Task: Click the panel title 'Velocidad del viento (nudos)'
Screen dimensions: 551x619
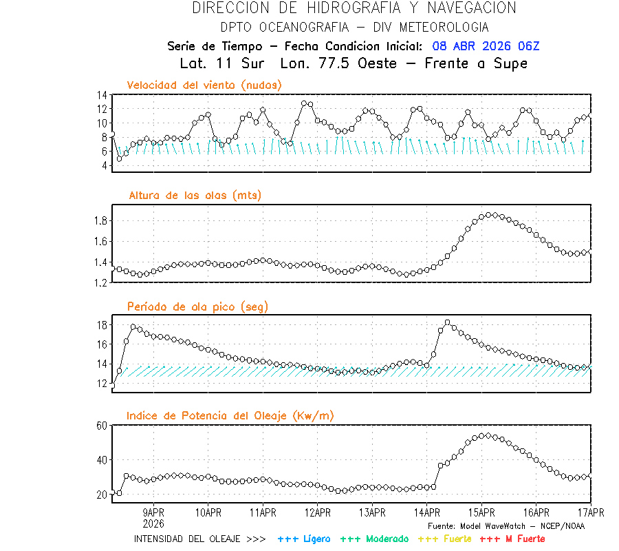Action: tap(204, 85)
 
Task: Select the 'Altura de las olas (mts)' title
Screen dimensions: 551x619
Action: tap(195, 196)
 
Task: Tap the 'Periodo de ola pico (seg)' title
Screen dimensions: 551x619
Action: tap(197, 306)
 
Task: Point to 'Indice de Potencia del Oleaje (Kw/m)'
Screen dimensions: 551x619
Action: tap(230, 415)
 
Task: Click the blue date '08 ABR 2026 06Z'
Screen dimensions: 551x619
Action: tap(486, 46)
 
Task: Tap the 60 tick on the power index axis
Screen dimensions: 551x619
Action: tap(102, 426)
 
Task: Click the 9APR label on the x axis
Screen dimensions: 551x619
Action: tap(153, 512)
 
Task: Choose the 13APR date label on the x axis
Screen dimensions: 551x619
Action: tap(372, 512)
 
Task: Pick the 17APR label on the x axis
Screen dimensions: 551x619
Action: tap(590, 512)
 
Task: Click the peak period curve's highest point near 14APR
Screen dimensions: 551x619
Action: tap(448, 322)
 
